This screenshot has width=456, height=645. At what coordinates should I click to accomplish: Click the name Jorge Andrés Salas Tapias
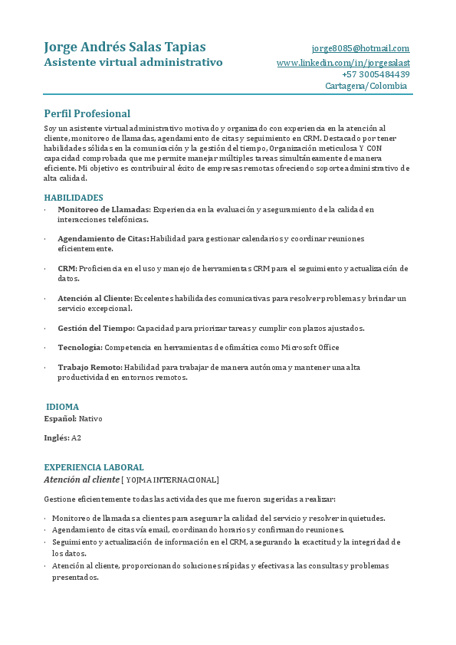(x=125, y=47)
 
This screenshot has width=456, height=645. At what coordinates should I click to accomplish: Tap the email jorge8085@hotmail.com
(x=360, y=48)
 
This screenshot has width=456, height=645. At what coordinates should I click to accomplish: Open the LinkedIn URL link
(x=343, y=62)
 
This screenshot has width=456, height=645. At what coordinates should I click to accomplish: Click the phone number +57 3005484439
(x=376, y=74)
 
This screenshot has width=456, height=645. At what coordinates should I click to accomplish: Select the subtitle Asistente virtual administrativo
(x=133, y=62)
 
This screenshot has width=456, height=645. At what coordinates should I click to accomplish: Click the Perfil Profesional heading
(x=87, y=113)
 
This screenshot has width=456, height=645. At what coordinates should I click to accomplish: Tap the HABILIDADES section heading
(x=74, y=198)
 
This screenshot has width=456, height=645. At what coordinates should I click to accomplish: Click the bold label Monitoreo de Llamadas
(x=104, y=209)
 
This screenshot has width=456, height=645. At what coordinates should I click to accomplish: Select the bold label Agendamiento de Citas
(x=103, y=239)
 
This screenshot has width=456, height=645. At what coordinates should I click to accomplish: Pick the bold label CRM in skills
(x=67, y=269)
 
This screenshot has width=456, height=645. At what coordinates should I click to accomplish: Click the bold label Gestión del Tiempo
(x=96, y=328)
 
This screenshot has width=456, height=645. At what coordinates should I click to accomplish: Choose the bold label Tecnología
(x=80, y=348)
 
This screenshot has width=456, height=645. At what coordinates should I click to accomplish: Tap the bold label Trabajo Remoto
(x=90, y=368)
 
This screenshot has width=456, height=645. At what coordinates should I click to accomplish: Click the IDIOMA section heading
(x=63, y=407)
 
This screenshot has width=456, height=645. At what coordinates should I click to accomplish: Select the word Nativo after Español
(x=90, y=419)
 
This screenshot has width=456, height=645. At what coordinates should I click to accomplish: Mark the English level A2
(x=76, y=438)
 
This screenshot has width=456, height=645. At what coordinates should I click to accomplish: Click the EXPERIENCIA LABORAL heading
(x=93, y=467)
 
